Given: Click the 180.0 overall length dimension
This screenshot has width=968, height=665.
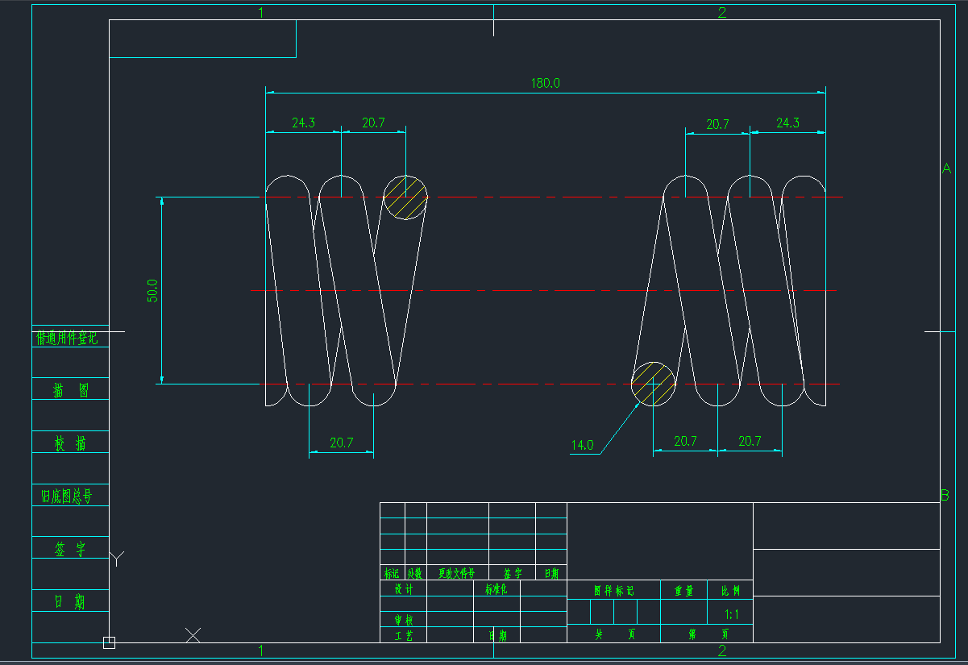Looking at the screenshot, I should tap(545, 83).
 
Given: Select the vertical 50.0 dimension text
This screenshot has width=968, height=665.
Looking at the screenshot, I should tap(152, 291).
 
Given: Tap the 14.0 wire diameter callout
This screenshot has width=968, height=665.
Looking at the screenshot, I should tap(582, 445).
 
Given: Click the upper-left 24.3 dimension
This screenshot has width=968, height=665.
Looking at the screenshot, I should tap(303, 123).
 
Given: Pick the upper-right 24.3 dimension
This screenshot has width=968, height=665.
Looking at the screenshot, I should tap(787, 123).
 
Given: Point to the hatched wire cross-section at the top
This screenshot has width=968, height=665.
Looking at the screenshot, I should tap(405, 197).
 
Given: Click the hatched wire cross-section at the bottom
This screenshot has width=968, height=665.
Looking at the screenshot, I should tap(653, 384).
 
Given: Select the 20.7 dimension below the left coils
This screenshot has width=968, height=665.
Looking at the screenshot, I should tap(341, 443).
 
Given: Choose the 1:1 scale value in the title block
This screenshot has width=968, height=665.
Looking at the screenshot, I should tap(733, 613).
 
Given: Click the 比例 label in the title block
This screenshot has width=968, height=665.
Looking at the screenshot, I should tap(731, 591).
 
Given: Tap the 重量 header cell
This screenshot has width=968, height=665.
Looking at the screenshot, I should tap(683, 591).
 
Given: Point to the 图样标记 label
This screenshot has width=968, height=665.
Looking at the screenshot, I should tap(613, 591).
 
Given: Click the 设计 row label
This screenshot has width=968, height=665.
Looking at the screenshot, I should tap(403, 589).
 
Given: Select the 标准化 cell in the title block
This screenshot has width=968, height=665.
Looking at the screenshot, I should tap(496, 589).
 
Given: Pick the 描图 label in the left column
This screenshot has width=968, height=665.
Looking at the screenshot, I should tap(70, 391).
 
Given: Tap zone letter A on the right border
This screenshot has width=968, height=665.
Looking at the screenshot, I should tap(946, 168).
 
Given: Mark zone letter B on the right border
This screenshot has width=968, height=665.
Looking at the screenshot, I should tap(945, 495).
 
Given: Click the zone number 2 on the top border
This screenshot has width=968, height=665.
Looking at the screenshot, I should tap(721, 12).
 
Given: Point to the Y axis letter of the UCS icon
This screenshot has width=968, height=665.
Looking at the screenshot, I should tap(118, 559).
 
